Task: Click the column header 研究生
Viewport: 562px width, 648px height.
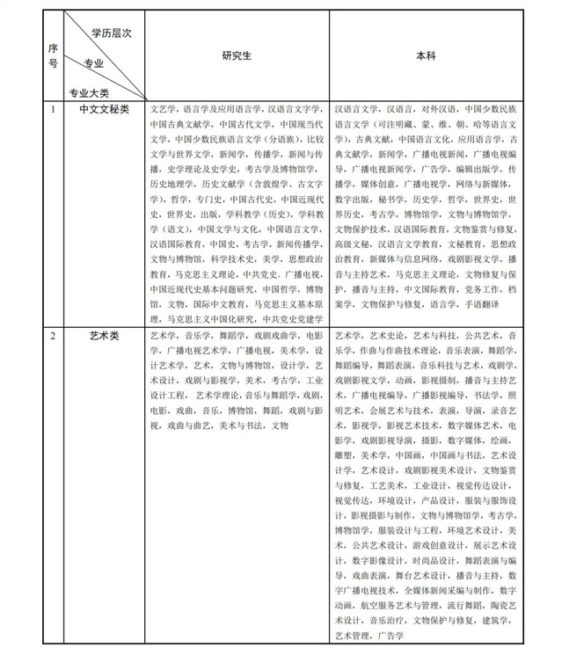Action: point(237,55)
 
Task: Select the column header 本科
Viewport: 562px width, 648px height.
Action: point(427,55)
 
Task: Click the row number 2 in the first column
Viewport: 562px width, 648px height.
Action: point(53,336)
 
